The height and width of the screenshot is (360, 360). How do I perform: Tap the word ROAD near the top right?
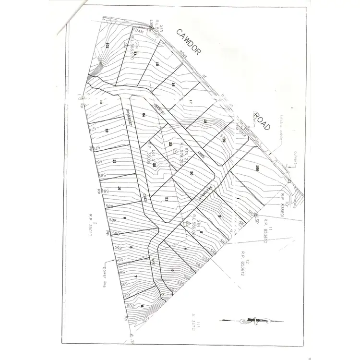coord(263,121)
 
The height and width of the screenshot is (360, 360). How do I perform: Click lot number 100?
coord(257,168)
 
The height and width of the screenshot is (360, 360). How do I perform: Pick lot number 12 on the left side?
coord(107,131)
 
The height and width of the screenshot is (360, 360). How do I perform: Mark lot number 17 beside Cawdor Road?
coord(191,101)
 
